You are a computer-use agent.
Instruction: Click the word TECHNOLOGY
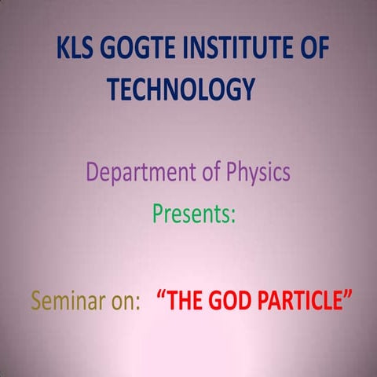tap(181, 89)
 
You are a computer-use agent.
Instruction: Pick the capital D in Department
tap(93, 171)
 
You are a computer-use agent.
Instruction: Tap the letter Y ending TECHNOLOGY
tap(247, 89)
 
